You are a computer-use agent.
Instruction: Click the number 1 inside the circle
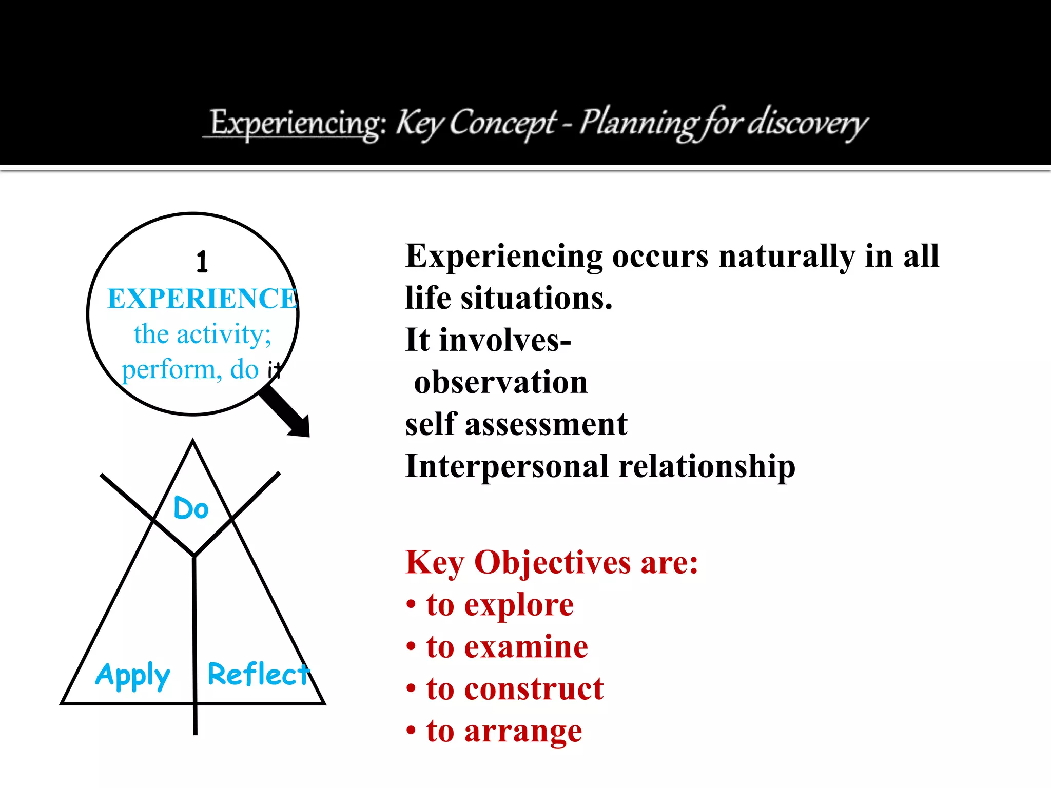(202, 262)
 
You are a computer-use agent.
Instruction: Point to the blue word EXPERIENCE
(202, 299)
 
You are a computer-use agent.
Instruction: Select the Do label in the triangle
(191, 508)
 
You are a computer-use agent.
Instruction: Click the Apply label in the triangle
(132, 675)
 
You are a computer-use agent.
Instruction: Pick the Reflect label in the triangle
(258, 674)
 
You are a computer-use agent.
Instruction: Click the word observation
(500, 383)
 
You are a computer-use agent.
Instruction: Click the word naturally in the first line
(786, 257)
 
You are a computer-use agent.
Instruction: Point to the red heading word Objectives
(552, 563)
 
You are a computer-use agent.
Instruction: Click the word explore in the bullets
(519, 605)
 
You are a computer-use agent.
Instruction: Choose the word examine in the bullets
(526, 647)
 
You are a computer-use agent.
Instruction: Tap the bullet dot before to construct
(411, 688)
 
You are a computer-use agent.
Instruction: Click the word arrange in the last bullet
(523, 731)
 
